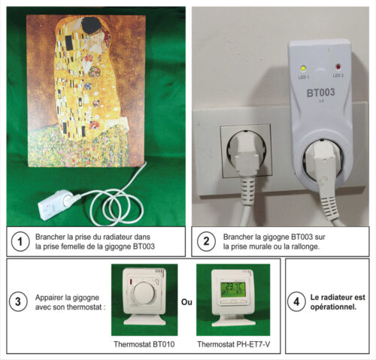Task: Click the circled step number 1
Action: click(20, 242)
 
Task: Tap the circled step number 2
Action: click(206, 241)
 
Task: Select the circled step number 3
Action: click(18, 301)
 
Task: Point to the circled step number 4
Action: click(296, 301)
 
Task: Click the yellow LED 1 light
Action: click(303, 68)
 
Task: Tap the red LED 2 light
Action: click(338, 67)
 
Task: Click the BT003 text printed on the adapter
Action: click(321, 92)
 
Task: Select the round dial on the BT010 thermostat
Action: click(144, 292)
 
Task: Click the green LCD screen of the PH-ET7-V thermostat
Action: click(233, 289)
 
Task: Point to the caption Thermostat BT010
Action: click(144, 344)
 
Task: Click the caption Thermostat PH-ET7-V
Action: click(233, 344)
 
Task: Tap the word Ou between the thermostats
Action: click(186, 302)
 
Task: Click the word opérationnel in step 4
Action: click(333, 307)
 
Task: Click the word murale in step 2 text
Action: click(271, 247)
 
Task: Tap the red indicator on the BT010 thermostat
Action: click(131, 283)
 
